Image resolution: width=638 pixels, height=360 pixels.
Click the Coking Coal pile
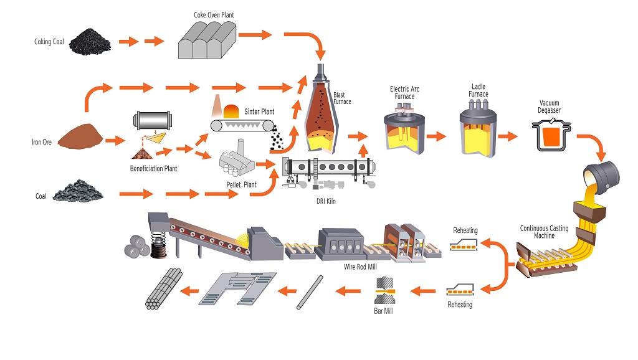pos(90,42)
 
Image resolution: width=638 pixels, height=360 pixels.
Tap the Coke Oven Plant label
pos(214,15)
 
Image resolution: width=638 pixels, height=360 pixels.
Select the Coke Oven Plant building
pos(207,39)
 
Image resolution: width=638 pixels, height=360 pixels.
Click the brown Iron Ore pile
pos(80,136)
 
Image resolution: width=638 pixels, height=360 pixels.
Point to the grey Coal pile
pos(78,191)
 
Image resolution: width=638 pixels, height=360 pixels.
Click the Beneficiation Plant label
pos(153,168)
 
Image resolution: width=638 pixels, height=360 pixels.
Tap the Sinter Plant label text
pos(259,111)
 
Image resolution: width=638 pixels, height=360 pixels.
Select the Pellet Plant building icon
pos(237,159)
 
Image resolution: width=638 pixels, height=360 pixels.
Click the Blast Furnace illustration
pos(321,109)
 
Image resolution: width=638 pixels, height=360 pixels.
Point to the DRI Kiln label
pos(326,201)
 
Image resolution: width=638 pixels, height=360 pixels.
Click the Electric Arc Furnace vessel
pos(404,128)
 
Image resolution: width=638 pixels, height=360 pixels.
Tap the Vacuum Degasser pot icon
pos(551,135)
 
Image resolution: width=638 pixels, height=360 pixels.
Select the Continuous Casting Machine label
pos(544,232)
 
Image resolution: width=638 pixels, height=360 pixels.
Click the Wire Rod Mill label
pos(360,267)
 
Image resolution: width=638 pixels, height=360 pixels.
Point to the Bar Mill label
pos(383,311)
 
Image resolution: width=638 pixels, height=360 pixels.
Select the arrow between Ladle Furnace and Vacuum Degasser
pos(507,136)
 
